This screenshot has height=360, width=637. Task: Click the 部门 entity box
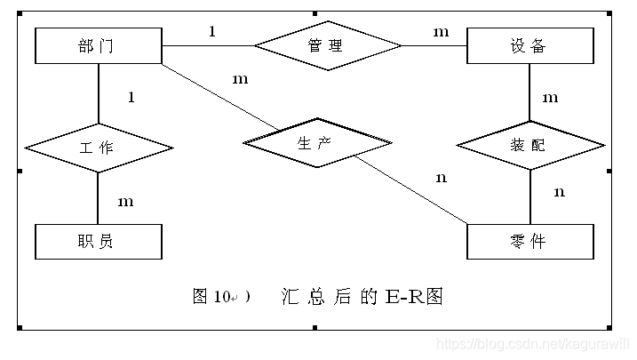(x=98, y=45)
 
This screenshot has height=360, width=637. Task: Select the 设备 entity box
(x=530, y=45)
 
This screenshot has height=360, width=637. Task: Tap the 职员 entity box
(x=98, y=241)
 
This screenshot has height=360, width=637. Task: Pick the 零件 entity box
(x=530, y=241)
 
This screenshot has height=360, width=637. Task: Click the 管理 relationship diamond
(x=327, y=44)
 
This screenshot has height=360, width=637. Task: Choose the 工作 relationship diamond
(x=98, y=148)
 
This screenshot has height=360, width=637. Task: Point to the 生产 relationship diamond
(x=317, y=142)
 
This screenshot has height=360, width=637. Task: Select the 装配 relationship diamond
(x=530, y=144)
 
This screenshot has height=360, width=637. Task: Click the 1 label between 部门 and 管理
(x=212, y=32)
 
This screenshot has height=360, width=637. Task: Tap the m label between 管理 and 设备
(x=442, y=32)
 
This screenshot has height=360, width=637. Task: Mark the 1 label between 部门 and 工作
(x=131, y=97)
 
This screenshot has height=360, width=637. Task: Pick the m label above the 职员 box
(x=126, y=202)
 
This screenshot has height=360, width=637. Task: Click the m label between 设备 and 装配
(x=551, y=97)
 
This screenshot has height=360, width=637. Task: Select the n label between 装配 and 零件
(x=559, y=191)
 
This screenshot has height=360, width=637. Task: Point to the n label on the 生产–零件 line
(x=442, y=178)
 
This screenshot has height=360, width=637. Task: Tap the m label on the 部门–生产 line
(x=240, y=79)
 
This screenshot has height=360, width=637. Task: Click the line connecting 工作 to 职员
(x=98, y=197)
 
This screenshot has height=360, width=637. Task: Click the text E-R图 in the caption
(x=415, y=296)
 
